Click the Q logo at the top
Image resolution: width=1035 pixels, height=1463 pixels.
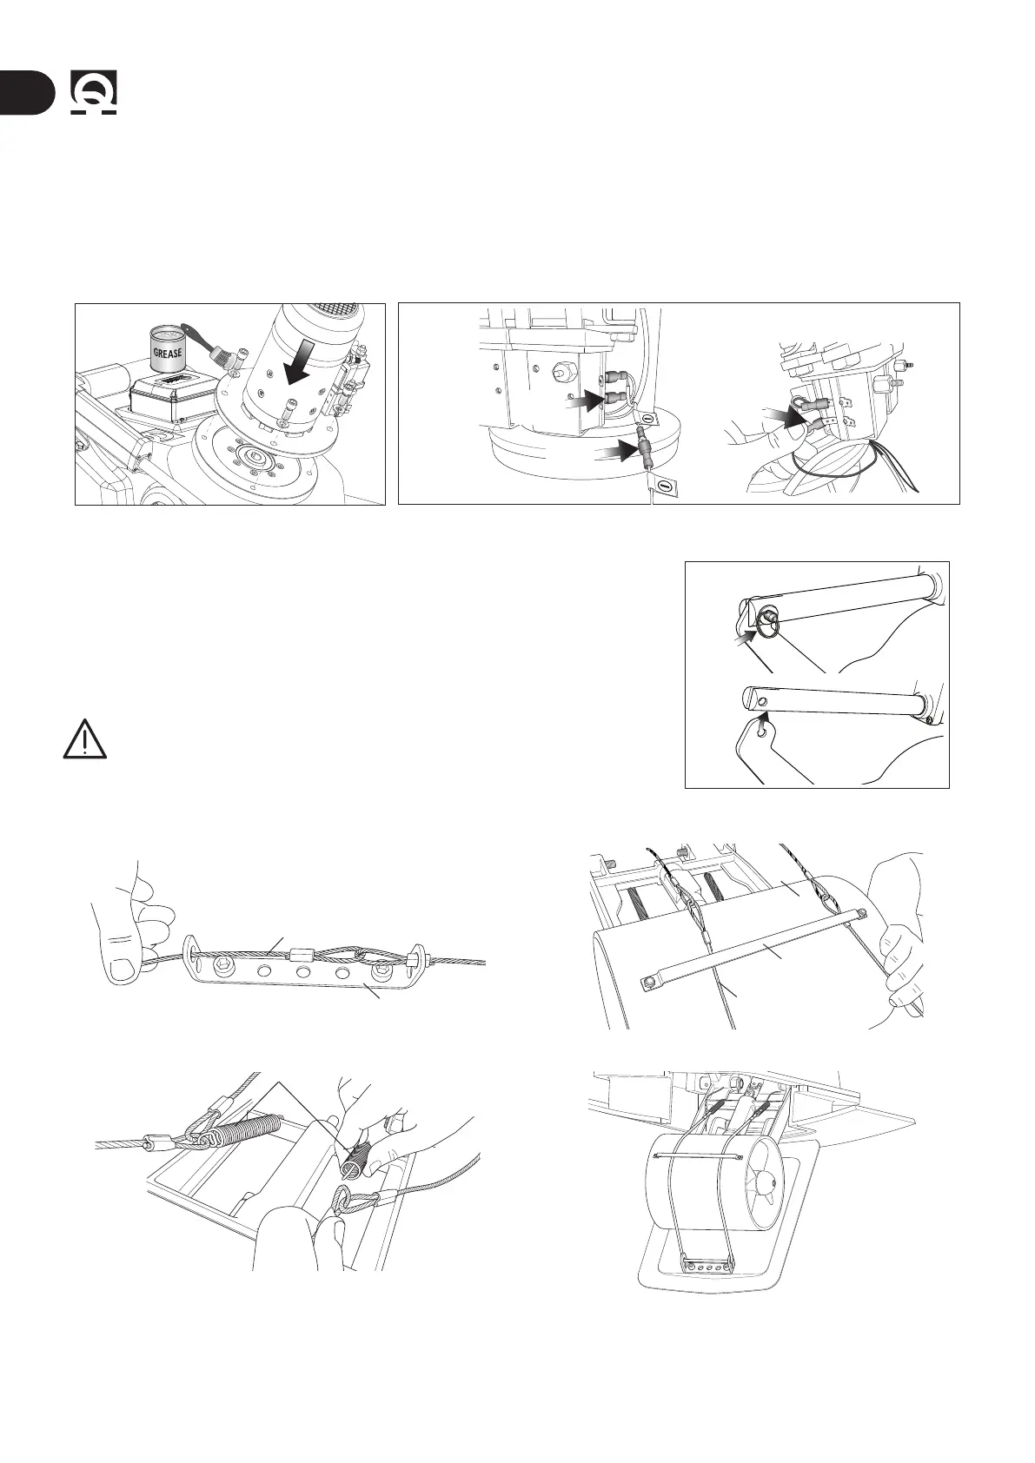coord(95,93)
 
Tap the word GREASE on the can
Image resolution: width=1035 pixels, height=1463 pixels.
coord(169,354)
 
